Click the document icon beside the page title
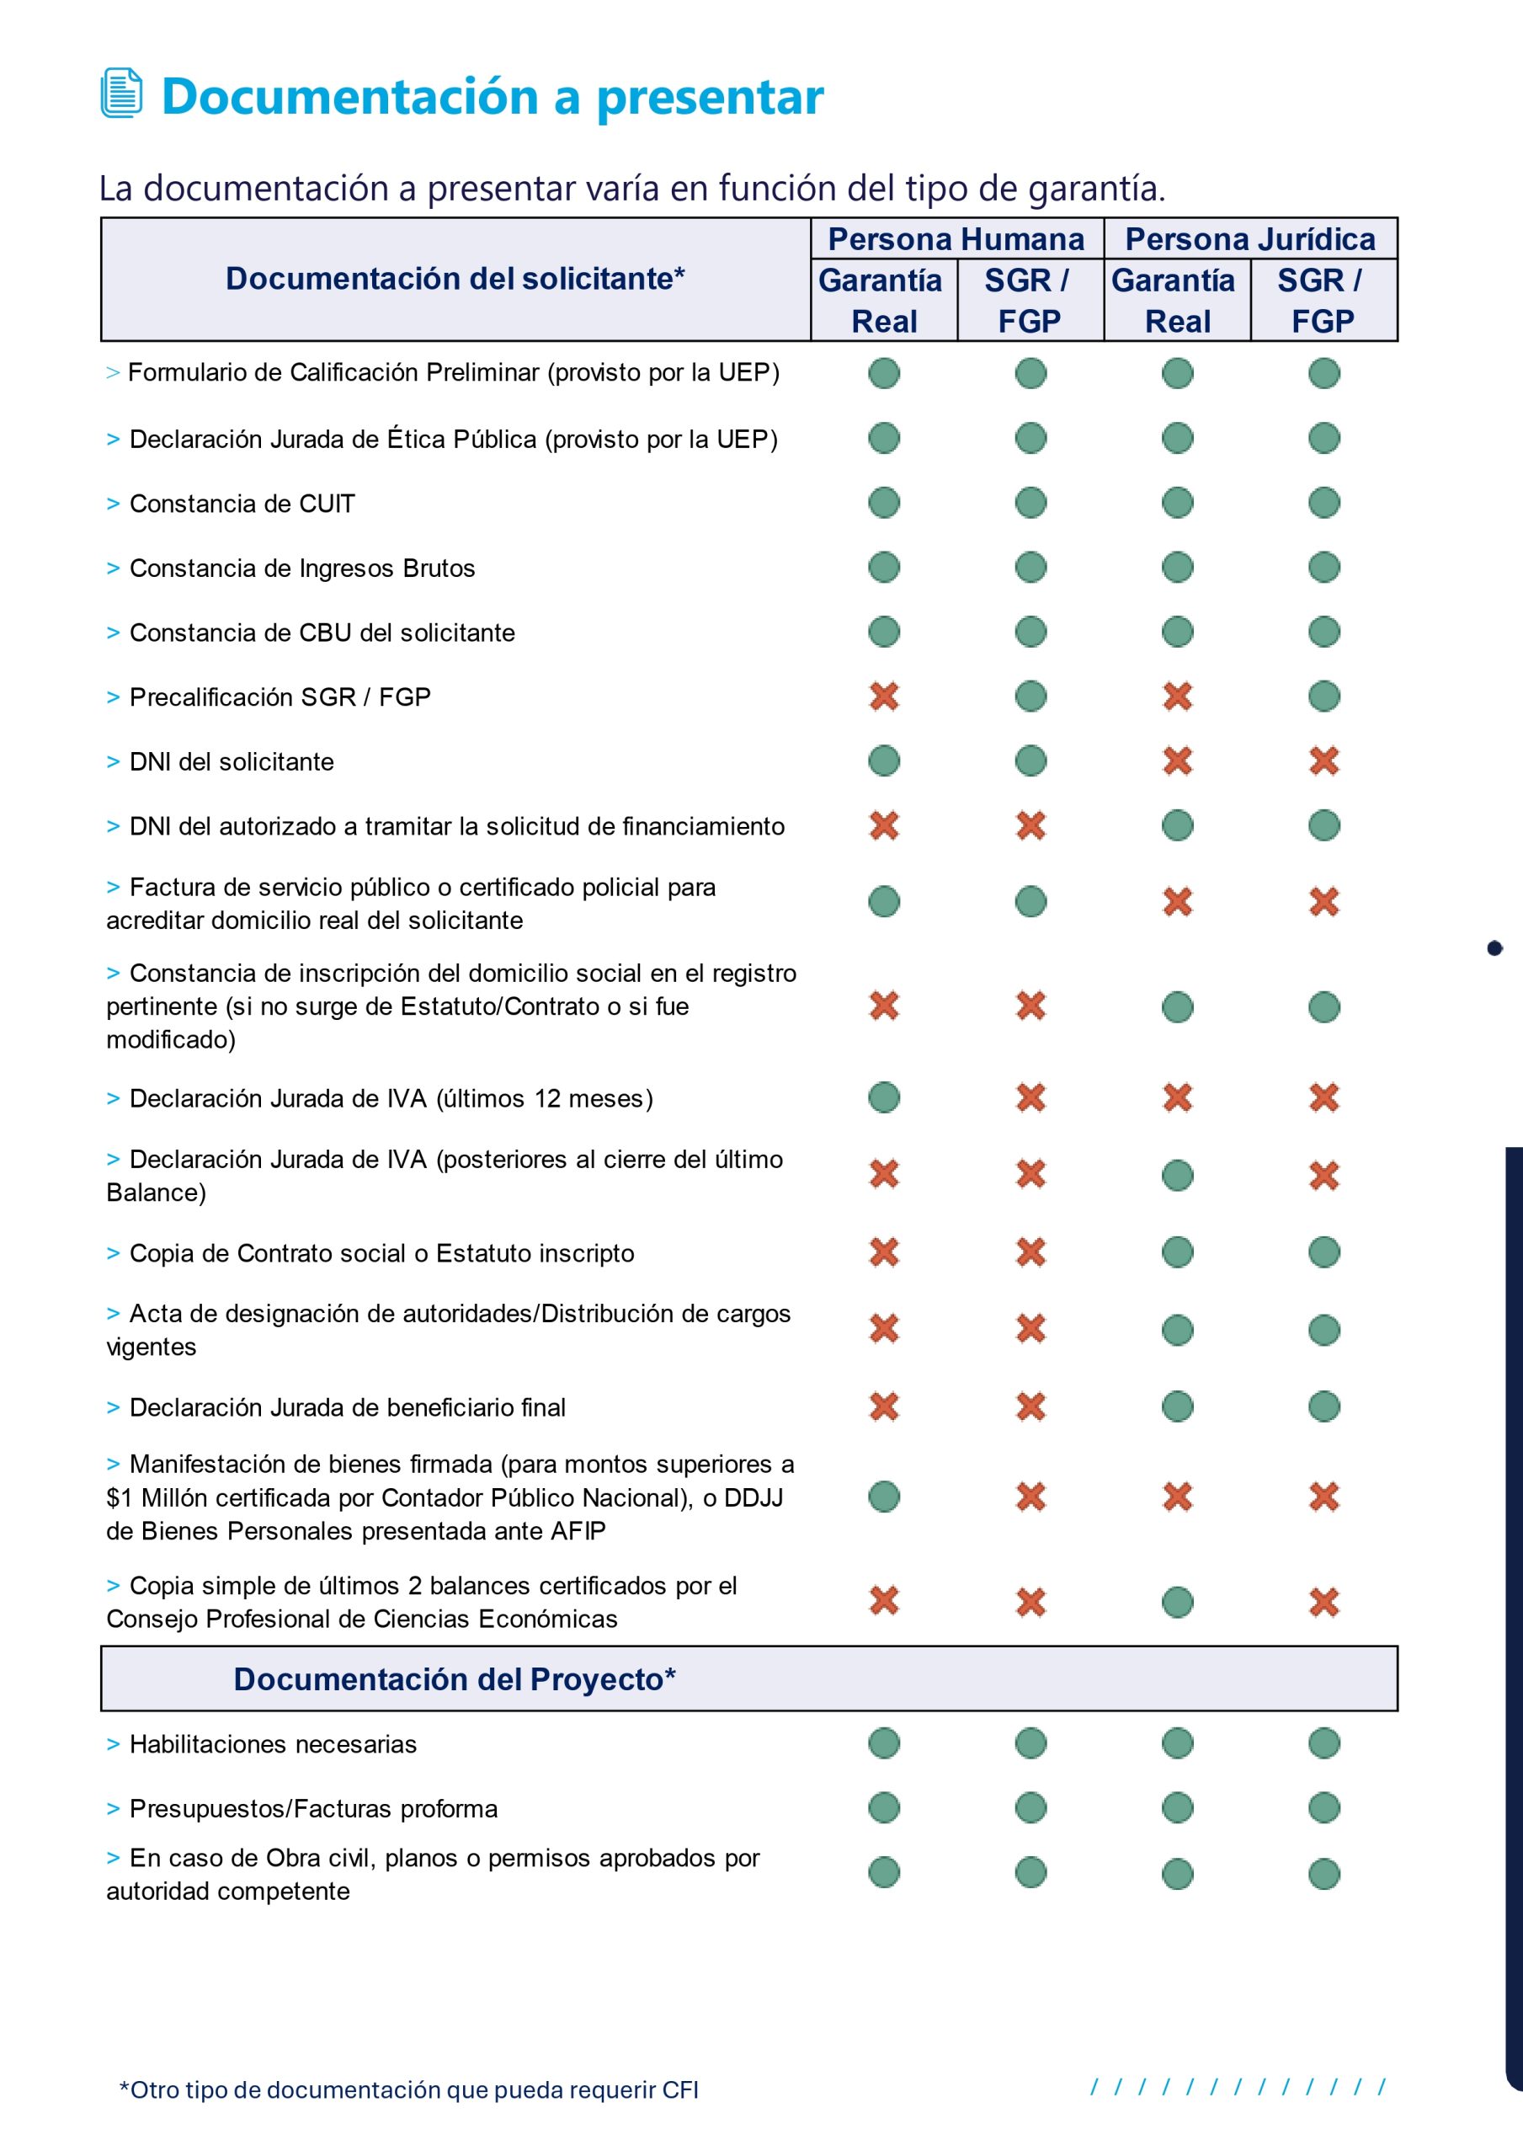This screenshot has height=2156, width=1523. [x=121, y=93]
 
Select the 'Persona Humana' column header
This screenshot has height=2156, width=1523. [x=956, y=239]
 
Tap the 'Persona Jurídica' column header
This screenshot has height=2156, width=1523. [x=1249, y=239]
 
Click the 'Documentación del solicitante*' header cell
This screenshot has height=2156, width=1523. [x=455, y=279]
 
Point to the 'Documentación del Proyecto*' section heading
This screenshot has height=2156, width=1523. [x=455, y=1679]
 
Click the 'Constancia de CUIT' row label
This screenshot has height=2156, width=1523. [x=242, y=504]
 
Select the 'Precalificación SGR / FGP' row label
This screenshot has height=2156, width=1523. [x=280, y=696]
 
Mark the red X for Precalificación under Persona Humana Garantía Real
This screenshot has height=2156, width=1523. [x=883, y=696]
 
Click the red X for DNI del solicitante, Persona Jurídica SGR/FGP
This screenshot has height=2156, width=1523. [x=1324, y=760]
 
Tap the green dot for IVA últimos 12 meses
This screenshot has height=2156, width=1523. [x=883, y=1097]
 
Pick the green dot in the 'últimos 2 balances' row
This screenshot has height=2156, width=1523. [x=1178, y=1602]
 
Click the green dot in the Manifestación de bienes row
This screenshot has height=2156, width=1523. [x=883, y=1497]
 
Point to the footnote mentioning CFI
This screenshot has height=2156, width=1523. [x=408, y=2089]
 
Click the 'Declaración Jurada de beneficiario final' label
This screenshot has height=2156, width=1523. [x=347, y=1407]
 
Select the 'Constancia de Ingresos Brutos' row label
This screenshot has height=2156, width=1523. [x=301, y=568]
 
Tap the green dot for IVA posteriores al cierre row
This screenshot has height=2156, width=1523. [x=1178, y=1175]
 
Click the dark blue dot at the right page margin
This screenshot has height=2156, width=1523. [x=1495, y=948]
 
